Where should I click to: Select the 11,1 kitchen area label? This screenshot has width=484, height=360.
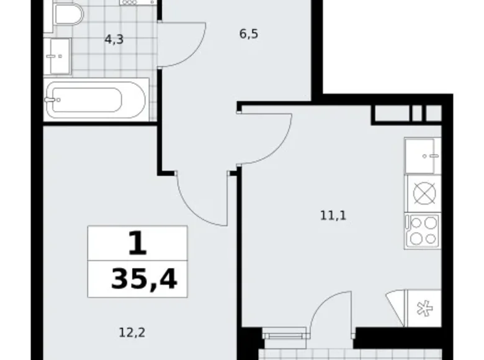333,216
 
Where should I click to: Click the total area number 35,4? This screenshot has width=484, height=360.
144,279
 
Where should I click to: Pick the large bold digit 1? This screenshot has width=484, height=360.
137,243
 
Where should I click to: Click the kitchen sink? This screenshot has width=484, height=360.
422,155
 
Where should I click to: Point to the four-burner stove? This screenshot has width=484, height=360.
423,230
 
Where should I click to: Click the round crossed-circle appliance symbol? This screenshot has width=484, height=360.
423,193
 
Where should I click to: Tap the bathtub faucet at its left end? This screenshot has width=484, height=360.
50,99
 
